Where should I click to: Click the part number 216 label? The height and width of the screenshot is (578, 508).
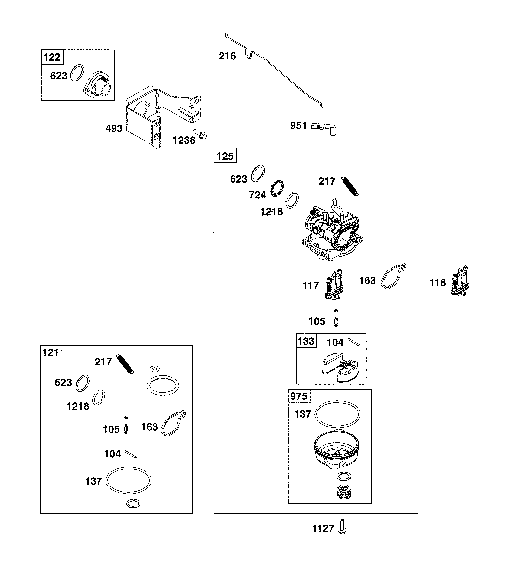pyautogui.click(x=227, y=56)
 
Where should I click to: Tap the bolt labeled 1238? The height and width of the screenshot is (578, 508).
pyautogui.click(x=200, y=134)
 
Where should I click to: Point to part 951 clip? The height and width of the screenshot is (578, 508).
pyautogui.click(x=324, y=129)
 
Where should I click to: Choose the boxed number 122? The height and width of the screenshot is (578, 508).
pyautogui.click(x=52, y=57)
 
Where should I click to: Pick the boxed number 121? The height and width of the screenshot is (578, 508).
pyautogui.click(x=51, y=353)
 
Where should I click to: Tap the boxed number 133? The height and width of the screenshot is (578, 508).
pyautogui.click(x=306, y=341)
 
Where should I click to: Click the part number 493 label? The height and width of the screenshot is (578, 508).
pyautogui.click(x=114, y=129)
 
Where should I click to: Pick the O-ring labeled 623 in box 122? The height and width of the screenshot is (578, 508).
pyautogui.click(x=77, y=73)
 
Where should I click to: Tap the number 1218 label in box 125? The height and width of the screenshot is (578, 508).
pyautogui.click(x=271, y=211)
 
